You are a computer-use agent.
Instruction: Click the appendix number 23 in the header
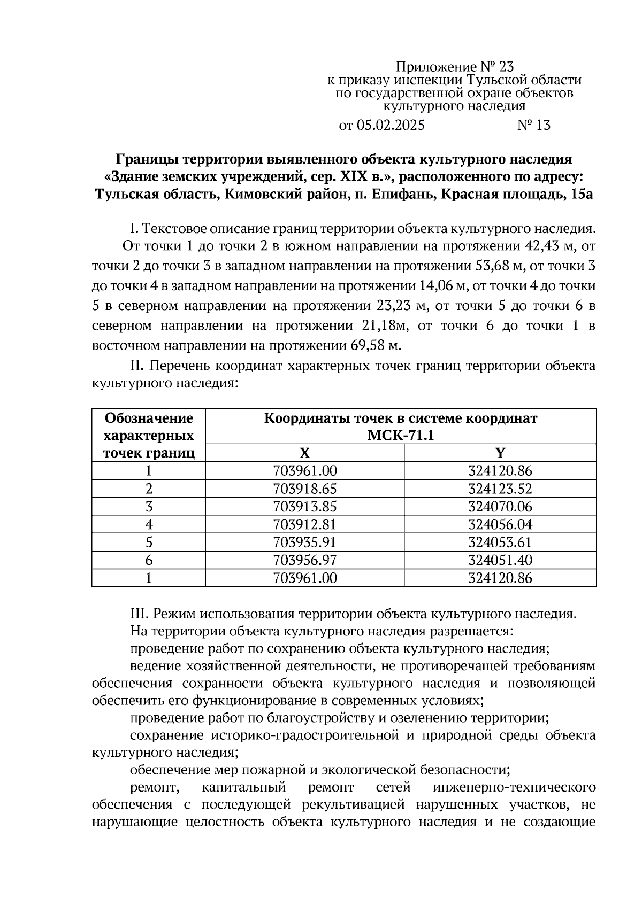pos(506,67)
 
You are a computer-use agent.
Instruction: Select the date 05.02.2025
pos(390,126)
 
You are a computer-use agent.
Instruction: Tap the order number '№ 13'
pos(533,126)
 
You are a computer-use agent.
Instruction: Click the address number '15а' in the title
pos(582,194)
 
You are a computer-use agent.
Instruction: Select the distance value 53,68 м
pos(495,266)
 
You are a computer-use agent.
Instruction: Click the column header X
pos(304,453)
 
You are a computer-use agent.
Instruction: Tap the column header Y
pos(500,453)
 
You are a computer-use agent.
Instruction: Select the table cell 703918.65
pos(305,489)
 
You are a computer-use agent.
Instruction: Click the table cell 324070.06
pos(500,506)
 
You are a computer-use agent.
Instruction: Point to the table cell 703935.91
pos(305,542)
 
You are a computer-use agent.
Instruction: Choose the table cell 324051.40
pos(500,560)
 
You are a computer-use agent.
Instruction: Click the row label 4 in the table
pos(149,524)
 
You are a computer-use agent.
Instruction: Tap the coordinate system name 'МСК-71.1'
pos(401,436)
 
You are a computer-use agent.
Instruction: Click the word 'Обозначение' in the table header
pos(149,418)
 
